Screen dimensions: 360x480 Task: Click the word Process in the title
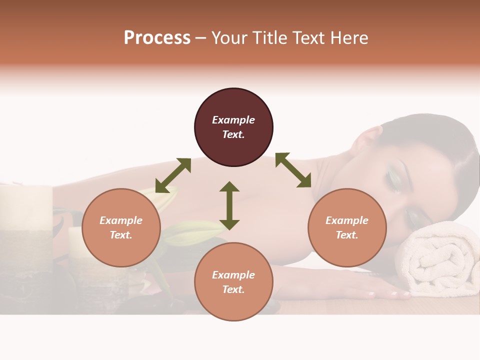click(x=157, y=38)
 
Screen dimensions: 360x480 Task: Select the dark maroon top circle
click(x=233, y=127)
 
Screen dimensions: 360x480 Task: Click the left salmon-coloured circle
click(x=121, y=228)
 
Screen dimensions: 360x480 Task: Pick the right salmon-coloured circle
click(x=347, y=228)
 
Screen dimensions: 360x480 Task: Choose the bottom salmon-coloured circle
click(x=233, y=282)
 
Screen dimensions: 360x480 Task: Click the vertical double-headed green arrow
click(x=229, y=205)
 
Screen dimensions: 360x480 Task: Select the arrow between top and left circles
click(x=173, y=175)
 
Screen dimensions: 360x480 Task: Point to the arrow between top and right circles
click(x=293, y=170)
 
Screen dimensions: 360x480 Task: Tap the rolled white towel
click(x=438, y=260)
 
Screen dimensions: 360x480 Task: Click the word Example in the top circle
click(x=233, y=120)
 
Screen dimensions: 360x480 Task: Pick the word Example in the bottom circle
click(x=233, y=275)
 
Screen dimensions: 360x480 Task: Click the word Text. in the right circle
click(x=347, y=235)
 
